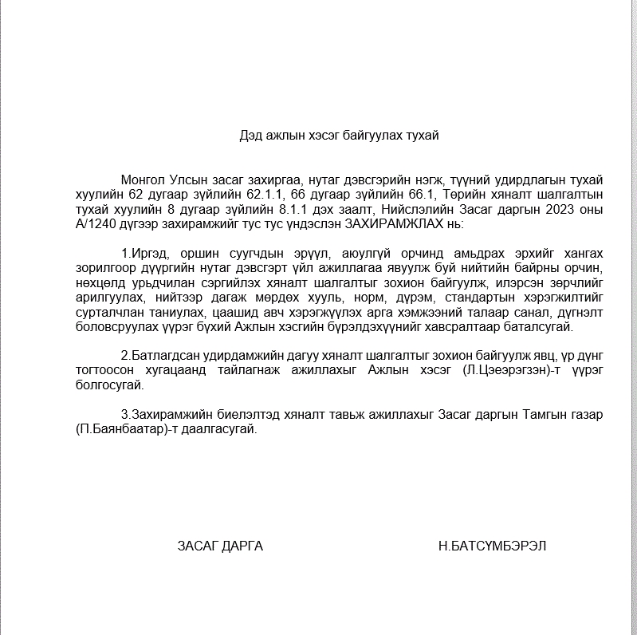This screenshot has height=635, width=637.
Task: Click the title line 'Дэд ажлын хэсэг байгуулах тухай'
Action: pos(339,136)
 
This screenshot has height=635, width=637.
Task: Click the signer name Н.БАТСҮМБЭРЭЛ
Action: pos(492,546)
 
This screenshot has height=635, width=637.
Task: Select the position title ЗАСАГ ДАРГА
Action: pos(220,546)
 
